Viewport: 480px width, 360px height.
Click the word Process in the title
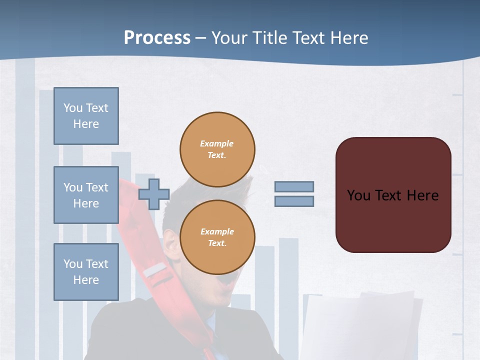(157, 38)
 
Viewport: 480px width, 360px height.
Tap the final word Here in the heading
(349, 38)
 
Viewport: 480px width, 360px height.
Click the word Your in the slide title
(230, 38)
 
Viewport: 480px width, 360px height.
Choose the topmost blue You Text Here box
(86, 116)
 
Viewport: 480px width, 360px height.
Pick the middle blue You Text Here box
(86, 195)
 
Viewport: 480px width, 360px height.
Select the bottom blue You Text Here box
(86, 272)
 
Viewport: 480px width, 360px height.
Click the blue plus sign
(154, 194)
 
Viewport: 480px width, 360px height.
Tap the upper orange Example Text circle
(217, 149)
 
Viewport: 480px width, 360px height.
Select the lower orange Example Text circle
(217, 237)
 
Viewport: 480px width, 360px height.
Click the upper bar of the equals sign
(294, 186)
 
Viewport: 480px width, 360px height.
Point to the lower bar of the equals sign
(294, 201)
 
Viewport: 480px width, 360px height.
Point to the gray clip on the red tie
(155, 271)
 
